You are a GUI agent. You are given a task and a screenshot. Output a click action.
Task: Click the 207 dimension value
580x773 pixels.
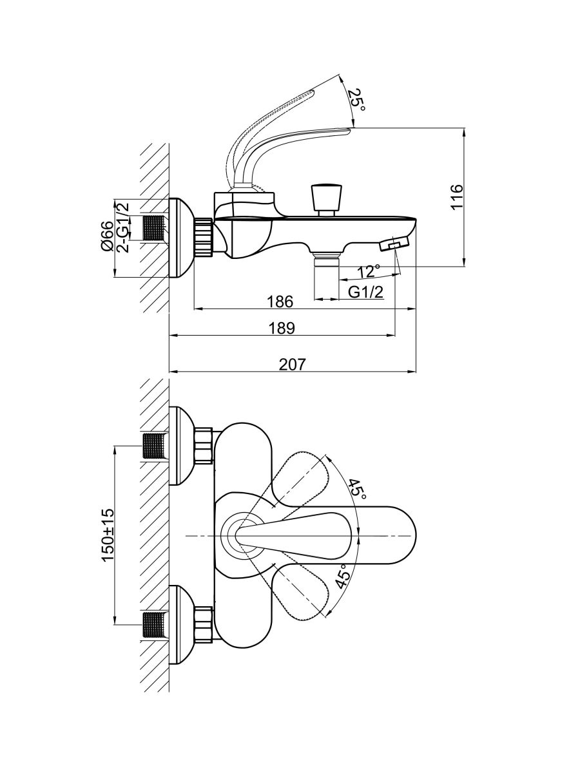[292, 364]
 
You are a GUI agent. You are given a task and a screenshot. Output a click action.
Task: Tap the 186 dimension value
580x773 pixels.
[280, 301]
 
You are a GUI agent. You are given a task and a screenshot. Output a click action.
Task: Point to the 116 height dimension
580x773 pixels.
[456, 198]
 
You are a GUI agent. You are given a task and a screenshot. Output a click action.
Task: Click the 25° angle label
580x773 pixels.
[356, 101]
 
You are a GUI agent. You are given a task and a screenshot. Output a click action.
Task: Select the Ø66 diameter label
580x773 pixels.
[107, 236]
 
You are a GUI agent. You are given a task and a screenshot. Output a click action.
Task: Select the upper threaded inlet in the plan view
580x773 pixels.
[155, 446]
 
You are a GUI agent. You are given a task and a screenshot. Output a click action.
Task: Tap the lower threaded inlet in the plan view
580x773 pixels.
[155, 625]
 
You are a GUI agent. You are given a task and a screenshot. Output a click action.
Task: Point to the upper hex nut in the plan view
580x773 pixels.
[203, 446]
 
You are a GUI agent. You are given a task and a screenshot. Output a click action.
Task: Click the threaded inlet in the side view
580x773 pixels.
[155, 228]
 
